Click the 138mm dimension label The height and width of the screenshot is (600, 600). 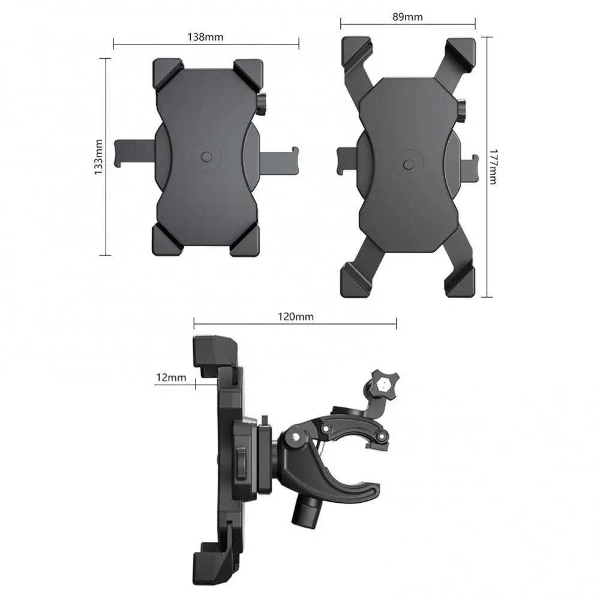(x=206, y=37)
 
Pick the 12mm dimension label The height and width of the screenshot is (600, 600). (x=171, y=377)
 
